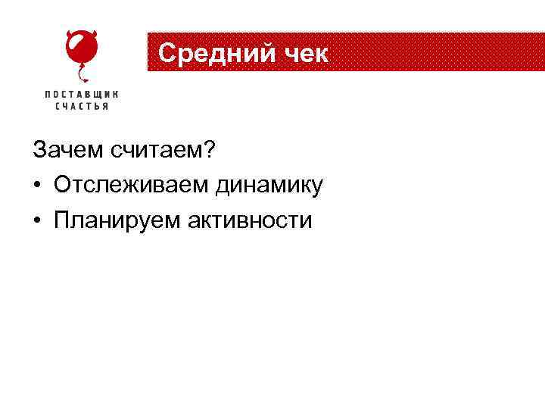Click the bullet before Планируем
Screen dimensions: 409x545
pyautogui.click(x=38, y=221)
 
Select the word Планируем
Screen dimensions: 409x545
pyautogui.click(x=116, y=221)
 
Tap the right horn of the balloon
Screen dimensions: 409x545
pyautogui.click(x=97, y=33)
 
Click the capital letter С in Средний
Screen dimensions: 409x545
pyautogui.click(x=168, y=54)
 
